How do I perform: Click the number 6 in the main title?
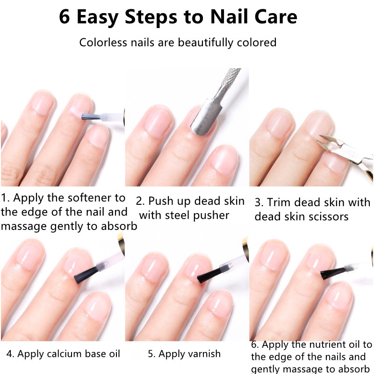tap(65, 17)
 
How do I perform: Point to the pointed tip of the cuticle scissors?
tap(322, 137)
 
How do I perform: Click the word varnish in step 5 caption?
tap(203, 354)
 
